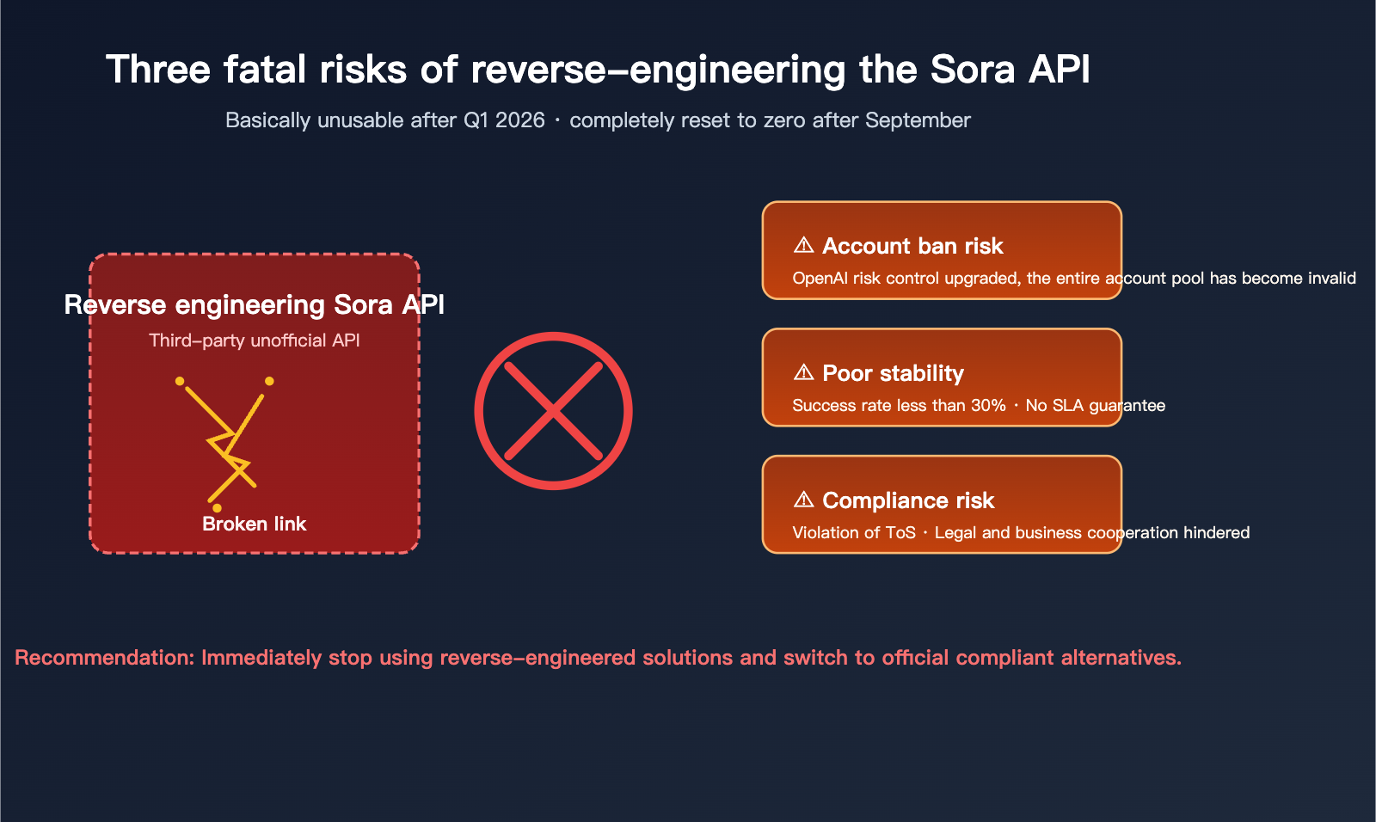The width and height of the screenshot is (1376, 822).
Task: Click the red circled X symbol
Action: click(x=553, y=411)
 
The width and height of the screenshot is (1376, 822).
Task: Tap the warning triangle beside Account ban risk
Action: click(x=803, y=245)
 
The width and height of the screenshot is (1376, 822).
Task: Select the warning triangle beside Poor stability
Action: click(x=803, y=372)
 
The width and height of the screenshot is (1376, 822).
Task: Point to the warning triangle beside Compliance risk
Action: click(x=803, y=500)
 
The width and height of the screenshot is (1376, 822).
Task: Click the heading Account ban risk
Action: click(x=912, y=246)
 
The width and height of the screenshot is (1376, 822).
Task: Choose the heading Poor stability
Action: click(x=893, y=373)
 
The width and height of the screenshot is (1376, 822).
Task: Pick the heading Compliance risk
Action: click(x=908, y=500)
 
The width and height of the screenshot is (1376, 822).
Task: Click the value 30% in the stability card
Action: click(x=988, y=405)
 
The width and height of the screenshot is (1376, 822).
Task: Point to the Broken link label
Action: click(x=254, y=524)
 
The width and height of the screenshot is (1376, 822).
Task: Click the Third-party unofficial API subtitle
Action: click(x=254, y=340)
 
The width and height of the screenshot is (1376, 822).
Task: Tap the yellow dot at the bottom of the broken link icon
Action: click(x=217, y=508)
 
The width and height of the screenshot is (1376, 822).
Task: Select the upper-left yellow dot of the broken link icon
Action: click(x=180, y=381)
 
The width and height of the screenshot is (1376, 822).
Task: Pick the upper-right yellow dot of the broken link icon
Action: click(x=269, y=381)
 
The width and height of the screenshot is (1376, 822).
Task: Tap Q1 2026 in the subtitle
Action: click(x=504, y=120)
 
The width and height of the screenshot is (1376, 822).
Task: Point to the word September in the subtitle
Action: click(x=918, y=120)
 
